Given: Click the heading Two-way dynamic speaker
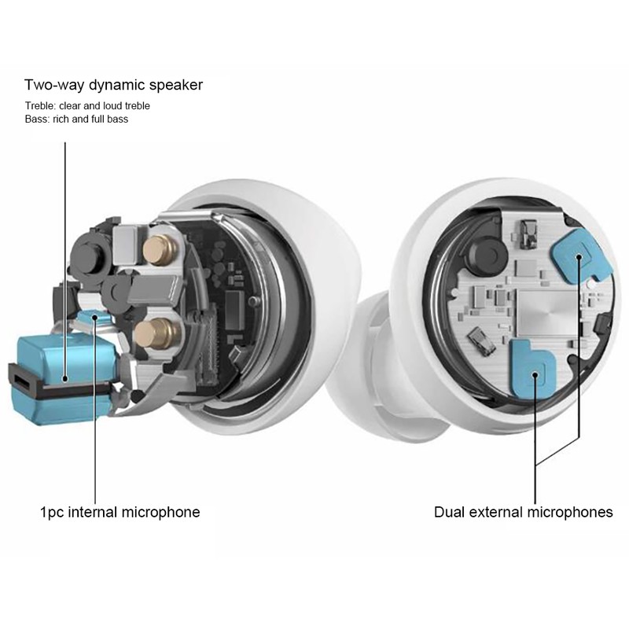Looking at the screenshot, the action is coord(113,85).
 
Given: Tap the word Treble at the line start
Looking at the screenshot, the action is coord(40,106).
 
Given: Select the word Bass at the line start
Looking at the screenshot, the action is coord(36,120).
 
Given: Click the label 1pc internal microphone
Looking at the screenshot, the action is coord(120,513).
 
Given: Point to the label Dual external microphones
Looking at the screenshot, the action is coord(524,513).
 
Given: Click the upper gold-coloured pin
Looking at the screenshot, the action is coord(160,250).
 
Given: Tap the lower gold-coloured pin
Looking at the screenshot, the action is coord(156,333).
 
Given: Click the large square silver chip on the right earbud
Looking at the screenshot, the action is coord(547,311).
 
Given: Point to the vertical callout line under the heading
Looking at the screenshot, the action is coord(65,260).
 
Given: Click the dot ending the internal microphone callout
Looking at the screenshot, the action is coord(95,318).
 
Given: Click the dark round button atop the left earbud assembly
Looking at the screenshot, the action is coord(90,256).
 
